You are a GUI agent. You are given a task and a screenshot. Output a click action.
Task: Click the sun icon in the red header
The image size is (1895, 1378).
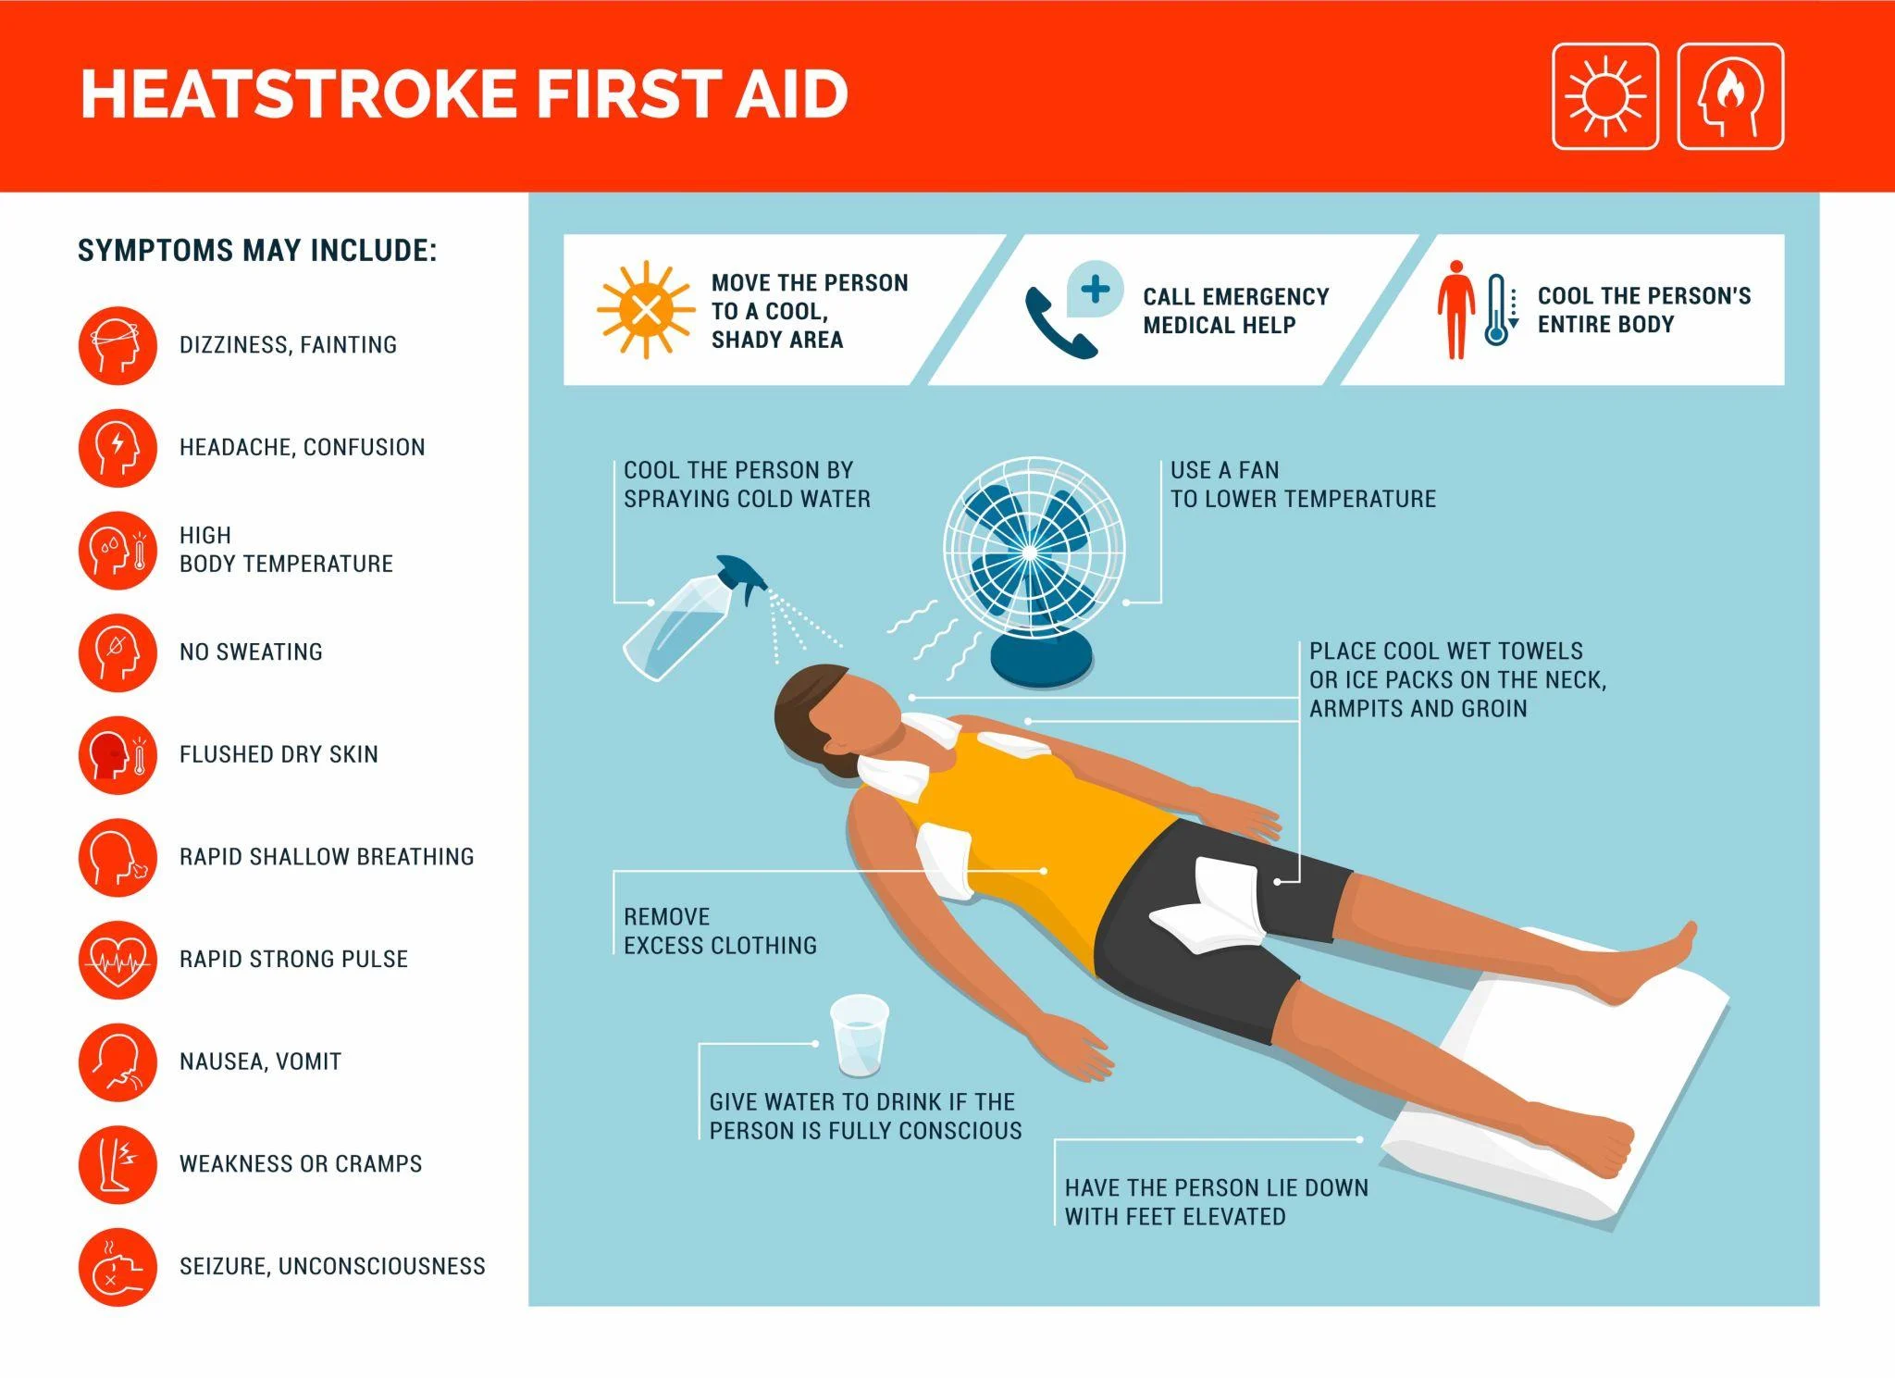point(1604,96)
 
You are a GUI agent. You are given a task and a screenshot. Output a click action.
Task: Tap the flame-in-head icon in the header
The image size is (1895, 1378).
point(1730,96)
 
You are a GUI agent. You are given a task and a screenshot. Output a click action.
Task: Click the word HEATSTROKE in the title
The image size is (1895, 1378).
point(298,94)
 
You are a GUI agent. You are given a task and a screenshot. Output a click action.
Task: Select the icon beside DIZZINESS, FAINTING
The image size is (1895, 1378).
point(118,345)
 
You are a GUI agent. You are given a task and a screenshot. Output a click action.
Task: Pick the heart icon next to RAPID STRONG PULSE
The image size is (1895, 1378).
point(118,960)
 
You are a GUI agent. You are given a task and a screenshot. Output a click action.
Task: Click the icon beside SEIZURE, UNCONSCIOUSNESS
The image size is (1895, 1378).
point(118,1267)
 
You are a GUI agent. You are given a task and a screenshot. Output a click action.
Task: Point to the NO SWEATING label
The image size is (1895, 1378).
point(251,652)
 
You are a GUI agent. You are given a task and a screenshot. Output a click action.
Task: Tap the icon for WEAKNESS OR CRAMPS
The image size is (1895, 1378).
point(118,1164)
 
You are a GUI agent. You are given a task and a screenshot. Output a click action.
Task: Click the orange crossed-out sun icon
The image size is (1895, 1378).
point(646,309)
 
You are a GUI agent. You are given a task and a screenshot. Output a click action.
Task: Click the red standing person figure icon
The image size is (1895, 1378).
point(1455,309)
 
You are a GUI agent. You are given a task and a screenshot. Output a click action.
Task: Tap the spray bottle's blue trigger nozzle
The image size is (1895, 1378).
point(742,576)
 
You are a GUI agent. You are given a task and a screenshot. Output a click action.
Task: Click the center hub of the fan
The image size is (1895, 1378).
point(1030,552)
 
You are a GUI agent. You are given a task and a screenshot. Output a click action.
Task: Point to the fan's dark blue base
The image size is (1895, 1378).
point(1042,659)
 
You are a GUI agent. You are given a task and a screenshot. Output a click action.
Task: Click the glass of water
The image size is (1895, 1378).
point(860,1035)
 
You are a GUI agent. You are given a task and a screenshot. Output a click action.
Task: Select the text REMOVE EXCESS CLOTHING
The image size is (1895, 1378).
point(719,931)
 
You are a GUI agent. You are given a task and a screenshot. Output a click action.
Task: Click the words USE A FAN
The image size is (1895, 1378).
point(1224,470)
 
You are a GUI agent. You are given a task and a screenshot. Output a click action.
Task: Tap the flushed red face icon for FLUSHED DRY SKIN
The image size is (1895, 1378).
point(118,755)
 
